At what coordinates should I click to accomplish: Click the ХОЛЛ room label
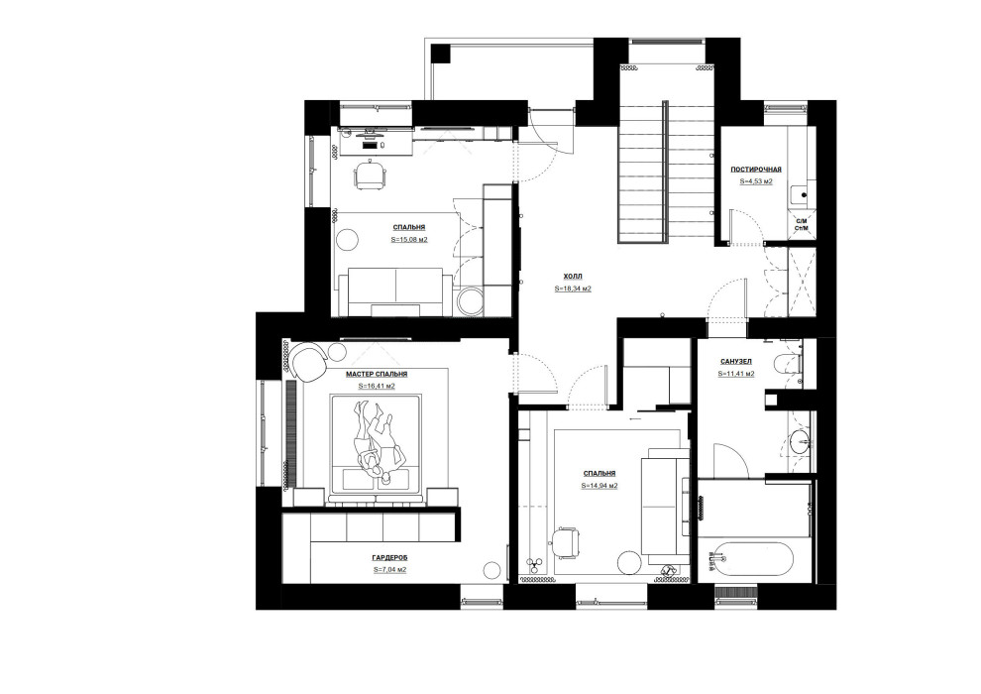click(573, 276)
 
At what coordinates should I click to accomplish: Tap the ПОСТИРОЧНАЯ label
click(756, 169)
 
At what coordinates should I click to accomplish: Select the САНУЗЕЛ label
click(736, 362)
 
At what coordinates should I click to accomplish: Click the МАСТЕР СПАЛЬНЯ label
click(377, 374)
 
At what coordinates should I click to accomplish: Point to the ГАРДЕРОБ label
click(389, 557)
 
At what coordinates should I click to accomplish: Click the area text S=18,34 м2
click(573, 289)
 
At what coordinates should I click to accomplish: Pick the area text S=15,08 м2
click(409, 240)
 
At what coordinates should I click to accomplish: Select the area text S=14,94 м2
click(599, 486)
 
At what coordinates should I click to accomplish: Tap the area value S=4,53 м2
click(756, 181)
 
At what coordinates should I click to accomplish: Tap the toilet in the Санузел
click(788, 363)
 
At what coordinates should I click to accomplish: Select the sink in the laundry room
click(801, 195)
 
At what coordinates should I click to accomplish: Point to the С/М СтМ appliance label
click(802, 225)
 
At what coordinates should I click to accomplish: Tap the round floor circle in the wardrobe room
click(493, 570)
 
